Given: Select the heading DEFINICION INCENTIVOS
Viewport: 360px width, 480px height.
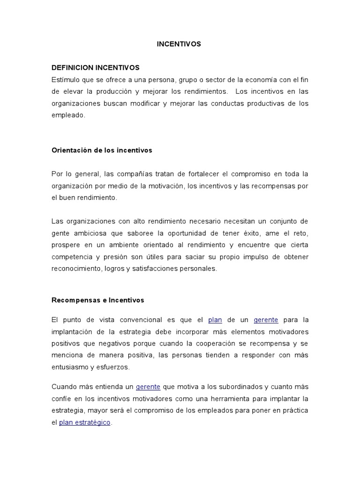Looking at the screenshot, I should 95,67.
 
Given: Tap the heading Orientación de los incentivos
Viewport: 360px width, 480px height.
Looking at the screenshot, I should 102,150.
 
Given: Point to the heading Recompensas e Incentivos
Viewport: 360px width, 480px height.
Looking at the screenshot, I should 97,300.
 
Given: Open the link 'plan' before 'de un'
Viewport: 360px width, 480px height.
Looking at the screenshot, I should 215,320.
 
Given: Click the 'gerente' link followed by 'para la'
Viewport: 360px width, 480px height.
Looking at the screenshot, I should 266,320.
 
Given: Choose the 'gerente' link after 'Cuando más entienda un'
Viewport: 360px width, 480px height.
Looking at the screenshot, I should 148,387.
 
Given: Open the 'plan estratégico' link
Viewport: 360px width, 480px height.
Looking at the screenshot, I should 85,422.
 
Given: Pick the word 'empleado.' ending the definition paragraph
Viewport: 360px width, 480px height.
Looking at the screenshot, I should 68,115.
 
